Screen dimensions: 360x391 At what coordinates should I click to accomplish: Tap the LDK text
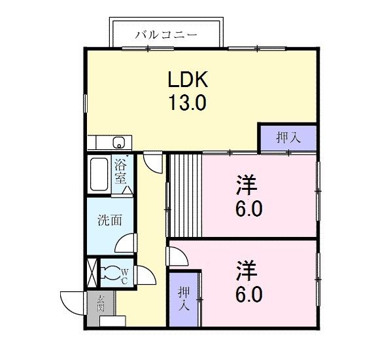tap(188, 80)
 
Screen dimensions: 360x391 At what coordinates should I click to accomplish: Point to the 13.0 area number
tap(188, 103)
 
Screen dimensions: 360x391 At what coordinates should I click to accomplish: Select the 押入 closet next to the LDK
tap(288, 137)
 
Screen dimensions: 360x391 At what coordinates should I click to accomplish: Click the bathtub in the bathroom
tap(99, 175)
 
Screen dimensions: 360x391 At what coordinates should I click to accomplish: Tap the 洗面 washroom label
tap(110, 221)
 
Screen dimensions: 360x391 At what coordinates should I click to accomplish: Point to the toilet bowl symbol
tap(114, 273)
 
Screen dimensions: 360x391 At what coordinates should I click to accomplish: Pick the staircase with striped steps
tap(184, 195)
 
